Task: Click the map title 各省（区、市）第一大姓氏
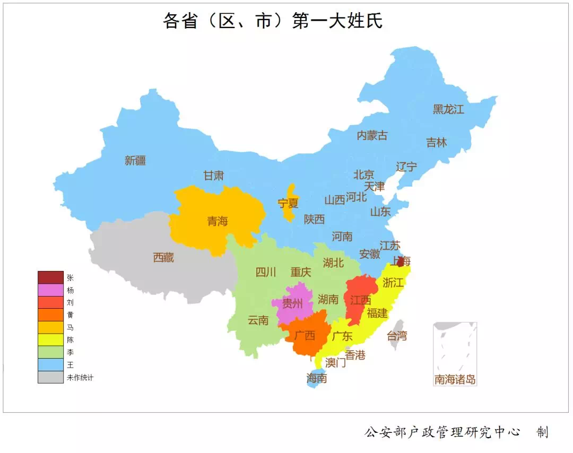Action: (x=273, y=21)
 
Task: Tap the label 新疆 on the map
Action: (x=135, y=161)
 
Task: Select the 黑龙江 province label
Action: (x=448, y=110)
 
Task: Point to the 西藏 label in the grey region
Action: (x=163, y=258)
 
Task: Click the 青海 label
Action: (x=218, y=221)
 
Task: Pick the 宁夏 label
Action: (x=288, y=203)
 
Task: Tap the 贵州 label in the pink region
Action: (x=292, y=304)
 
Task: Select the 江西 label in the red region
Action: (x=360, y=300)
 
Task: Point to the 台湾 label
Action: (x=396, y=335)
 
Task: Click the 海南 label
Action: (x=317, y=378)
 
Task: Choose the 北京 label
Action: (x=364, y=175)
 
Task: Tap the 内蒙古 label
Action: (x=372, y=135)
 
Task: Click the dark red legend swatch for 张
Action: (x=50, y=277)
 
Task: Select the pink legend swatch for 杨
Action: (x=50, y=290)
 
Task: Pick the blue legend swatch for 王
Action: (x=50, y=365)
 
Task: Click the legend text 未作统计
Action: (x=80, y=378)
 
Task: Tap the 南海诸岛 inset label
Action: (x=455, y=380)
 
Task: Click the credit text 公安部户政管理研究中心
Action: (x=442, y=432)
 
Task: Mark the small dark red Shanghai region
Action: (x=400, y=262)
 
